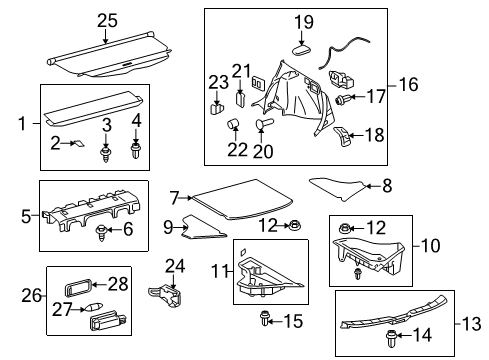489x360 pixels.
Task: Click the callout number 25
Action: (x=107, y=20)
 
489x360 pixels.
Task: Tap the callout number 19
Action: (x=302, y=21)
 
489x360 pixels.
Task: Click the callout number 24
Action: (x=176, y=266)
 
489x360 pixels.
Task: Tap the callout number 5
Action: (x=27, y=214)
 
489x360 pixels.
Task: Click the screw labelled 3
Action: (x=105, y=153)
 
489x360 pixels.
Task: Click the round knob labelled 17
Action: (x=346, y=99)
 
